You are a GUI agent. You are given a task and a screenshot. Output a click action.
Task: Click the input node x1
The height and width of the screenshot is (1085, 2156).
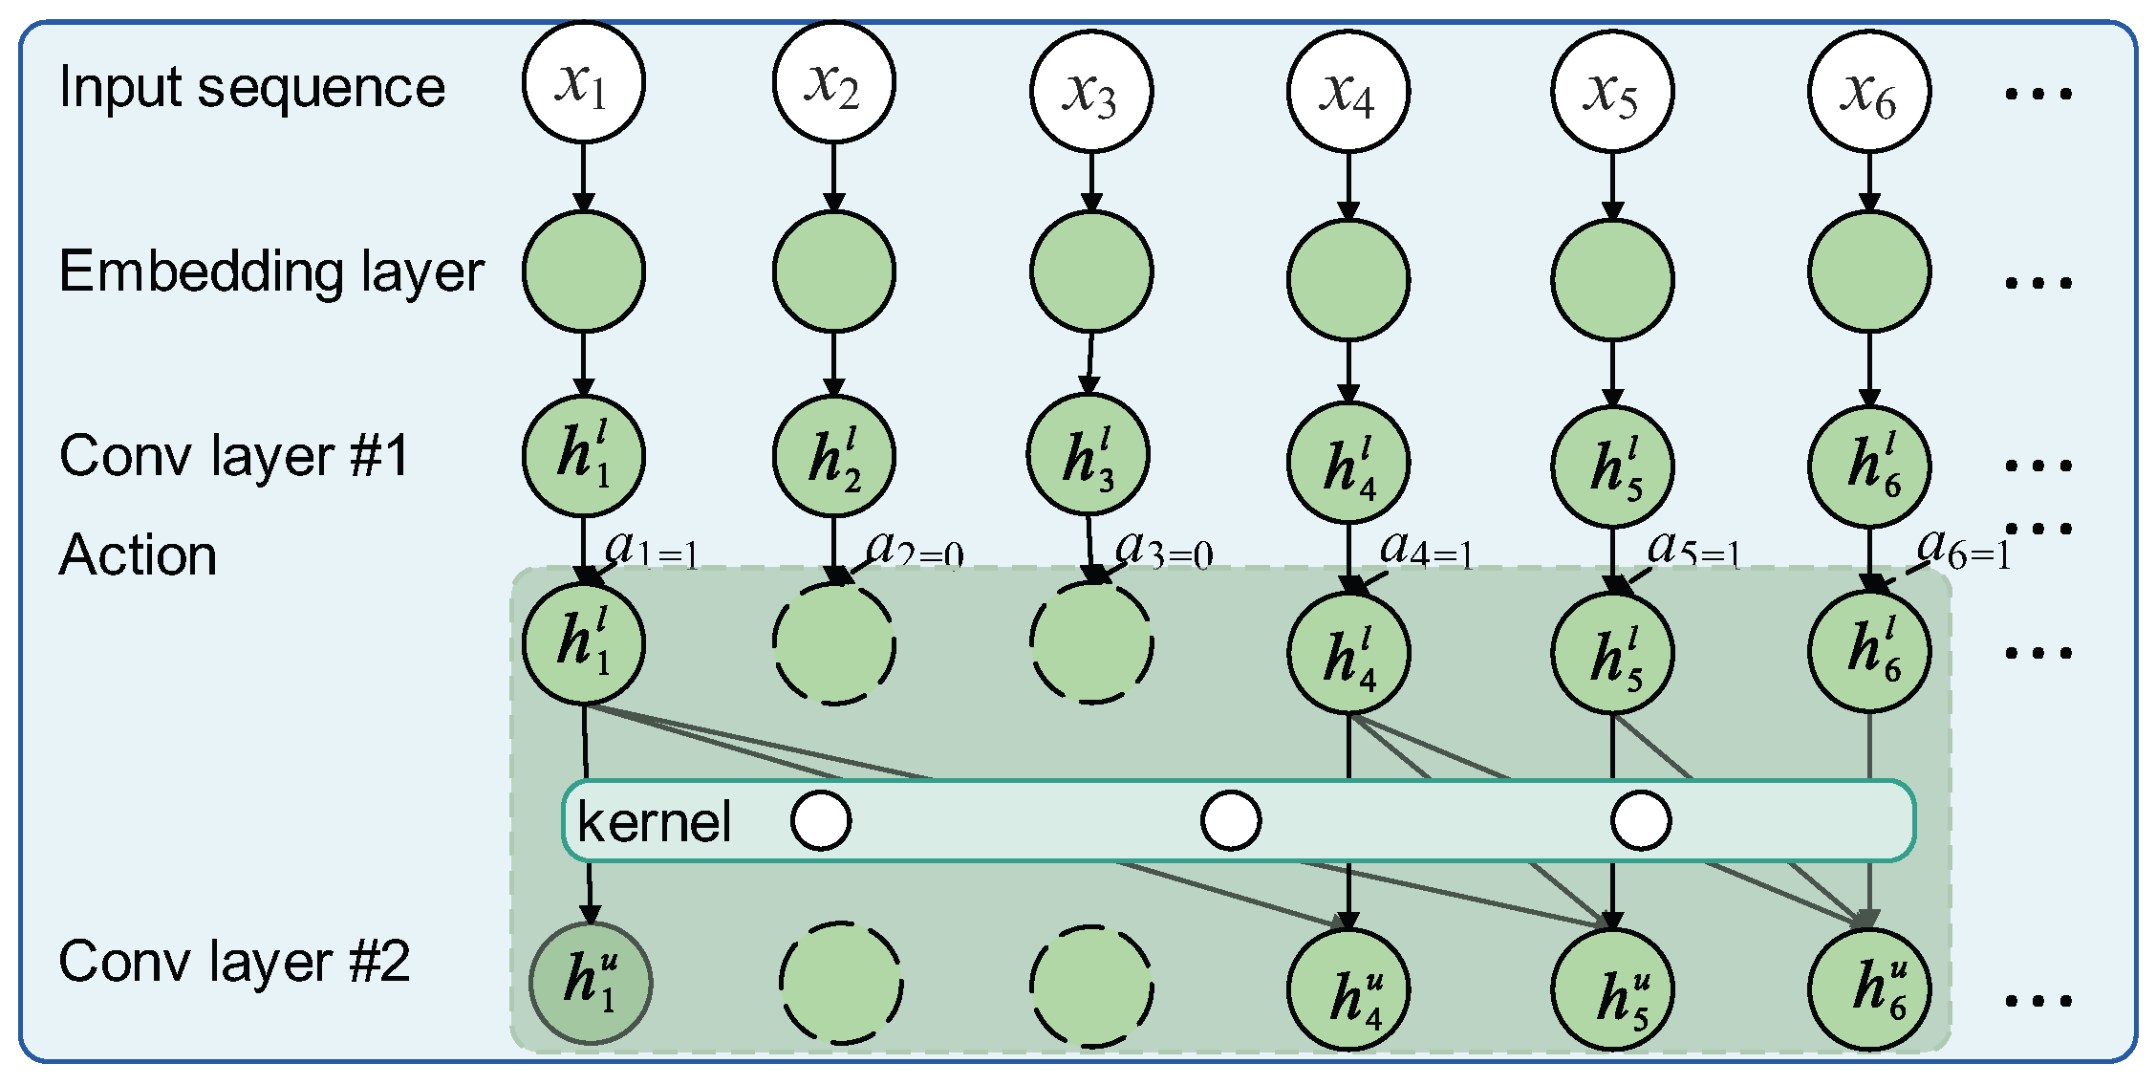[x=583, y=83]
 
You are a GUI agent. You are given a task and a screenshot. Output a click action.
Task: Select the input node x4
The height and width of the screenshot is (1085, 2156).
[x=1347, y=92]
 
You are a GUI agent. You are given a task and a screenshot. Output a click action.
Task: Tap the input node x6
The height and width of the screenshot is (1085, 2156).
[x=1868, y=92]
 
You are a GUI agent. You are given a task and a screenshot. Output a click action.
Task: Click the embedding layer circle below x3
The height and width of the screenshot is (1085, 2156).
[x=1091, y=271]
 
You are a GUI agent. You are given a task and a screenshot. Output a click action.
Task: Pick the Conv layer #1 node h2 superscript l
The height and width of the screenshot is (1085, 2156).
[x=833, y=456]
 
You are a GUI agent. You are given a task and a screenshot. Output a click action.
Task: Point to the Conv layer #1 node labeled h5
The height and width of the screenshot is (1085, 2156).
[x=1612, y=467]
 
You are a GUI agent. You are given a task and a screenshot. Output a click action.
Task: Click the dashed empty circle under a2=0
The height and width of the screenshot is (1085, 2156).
[x=833, y=643]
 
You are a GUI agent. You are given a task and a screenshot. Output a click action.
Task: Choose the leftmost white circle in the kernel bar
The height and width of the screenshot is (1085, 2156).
[x=821, y=820]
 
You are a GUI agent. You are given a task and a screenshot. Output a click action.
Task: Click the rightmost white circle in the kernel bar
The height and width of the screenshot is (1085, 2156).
[x=1640, y=820]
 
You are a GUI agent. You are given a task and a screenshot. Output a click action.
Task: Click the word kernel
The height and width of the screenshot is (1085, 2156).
[x=654, y=822]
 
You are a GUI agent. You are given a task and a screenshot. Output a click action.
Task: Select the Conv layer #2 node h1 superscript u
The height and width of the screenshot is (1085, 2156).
[x=590, y=983]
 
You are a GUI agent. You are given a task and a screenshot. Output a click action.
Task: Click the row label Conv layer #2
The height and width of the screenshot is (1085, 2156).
[x=234, y=962]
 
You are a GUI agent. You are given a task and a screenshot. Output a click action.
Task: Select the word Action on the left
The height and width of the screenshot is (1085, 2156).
[x=138, y=555]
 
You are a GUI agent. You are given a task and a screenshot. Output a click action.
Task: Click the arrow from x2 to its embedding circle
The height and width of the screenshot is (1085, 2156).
[x=833, y=177]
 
